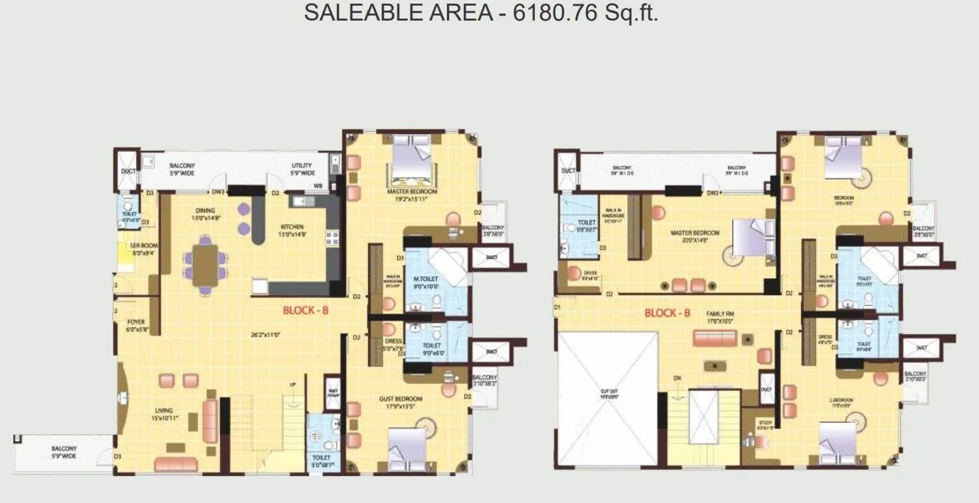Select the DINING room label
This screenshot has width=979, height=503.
coord(206,210)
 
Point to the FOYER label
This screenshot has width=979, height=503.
coord(135,321)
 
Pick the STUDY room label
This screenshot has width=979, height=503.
coord(763,423)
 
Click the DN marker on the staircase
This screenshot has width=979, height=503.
coord(677,378)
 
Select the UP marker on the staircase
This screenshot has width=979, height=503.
coord(292,385)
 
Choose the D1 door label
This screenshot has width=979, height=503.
coord(558,306)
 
